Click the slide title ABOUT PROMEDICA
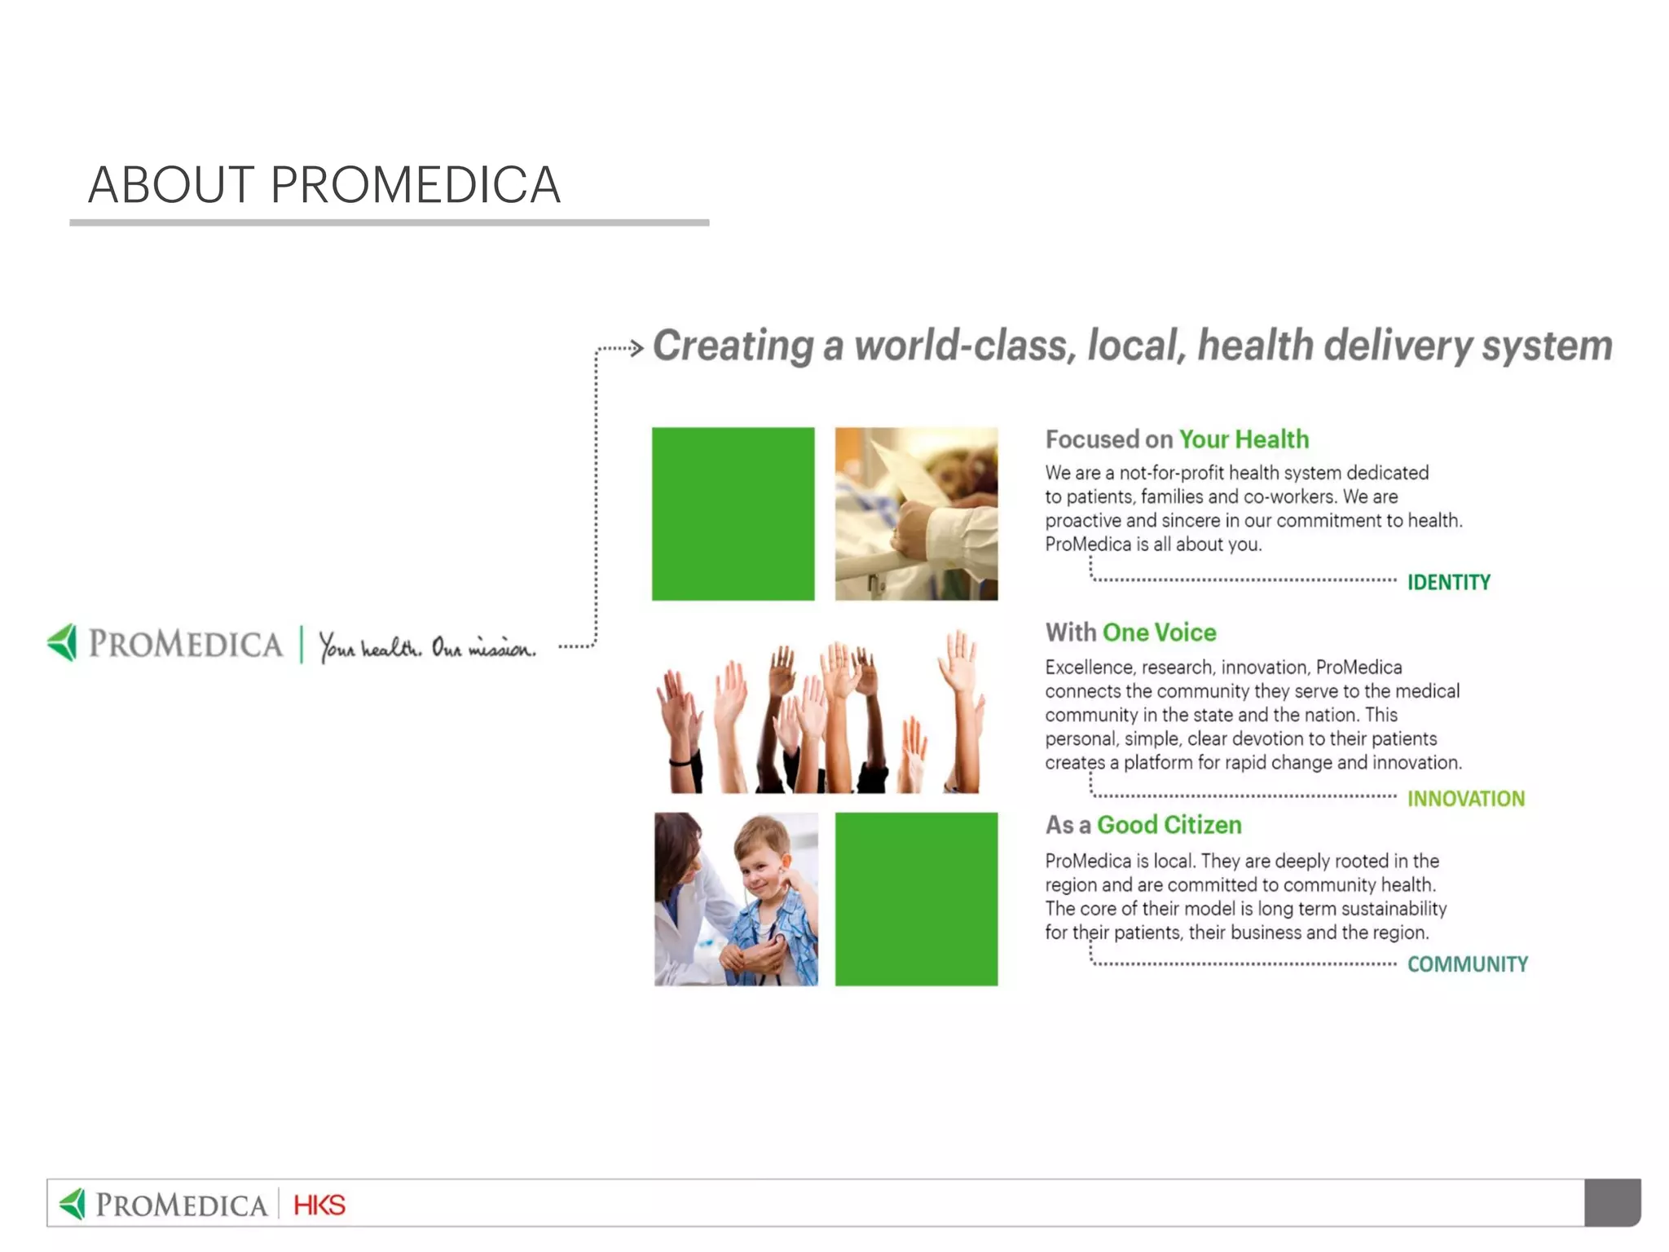pyautogui.click(x=324, y=185)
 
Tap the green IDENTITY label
pyautogui.click(x=1448, y=583)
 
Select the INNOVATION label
pyautogui.click(x=1465, y=799)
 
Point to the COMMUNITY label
pyautogui.click(x=1467, y=964)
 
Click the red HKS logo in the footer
pyautogui.click(x=319, y=1205)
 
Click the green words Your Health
pyautogui.click(x=1244, y=439)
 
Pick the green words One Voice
pyautogui.click(x=1159, y=633)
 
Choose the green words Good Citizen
pyautogui.click(x=1169, y=825)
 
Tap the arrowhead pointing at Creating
pyautogui.click(x=637, y=349)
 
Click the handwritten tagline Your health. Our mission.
pyautogui.click(x=427, y=647)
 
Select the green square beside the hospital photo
pyautogui.click(x=733, y=514)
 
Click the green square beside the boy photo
pyautogui.click(x=916, y=899)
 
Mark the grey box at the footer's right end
pyautogui.click(x=1611, y=1202)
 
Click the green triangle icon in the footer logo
pyautogui.click(x=73, y=1204)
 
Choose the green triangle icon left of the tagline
pyautogui.click(x=64, y=642)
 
